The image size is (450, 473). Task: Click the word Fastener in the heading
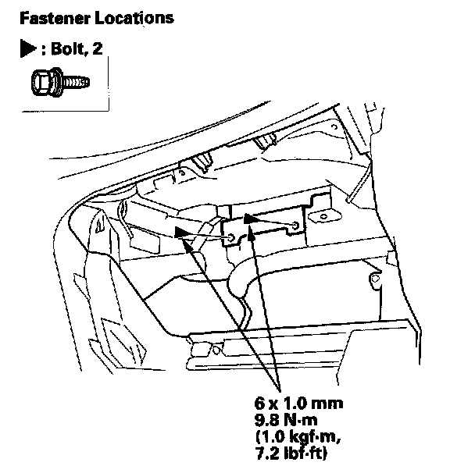55,18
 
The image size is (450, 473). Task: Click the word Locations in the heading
134,18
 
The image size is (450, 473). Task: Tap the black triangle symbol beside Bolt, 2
28,48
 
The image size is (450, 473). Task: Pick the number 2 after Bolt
97,48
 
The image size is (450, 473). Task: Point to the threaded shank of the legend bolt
77,82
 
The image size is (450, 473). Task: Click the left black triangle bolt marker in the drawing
182,233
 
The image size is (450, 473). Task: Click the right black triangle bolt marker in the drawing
250,219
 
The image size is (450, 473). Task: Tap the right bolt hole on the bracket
295,226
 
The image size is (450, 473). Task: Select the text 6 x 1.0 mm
298,404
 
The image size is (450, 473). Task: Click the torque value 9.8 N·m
286,420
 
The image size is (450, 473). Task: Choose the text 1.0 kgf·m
298,437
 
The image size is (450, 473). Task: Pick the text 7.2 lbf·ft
291,453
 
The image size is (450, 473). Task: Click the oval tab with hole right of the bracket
324,216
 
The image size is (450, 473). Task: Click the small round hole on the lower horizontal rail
216,350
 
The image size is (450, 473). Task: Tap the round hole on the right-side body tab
375,279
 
